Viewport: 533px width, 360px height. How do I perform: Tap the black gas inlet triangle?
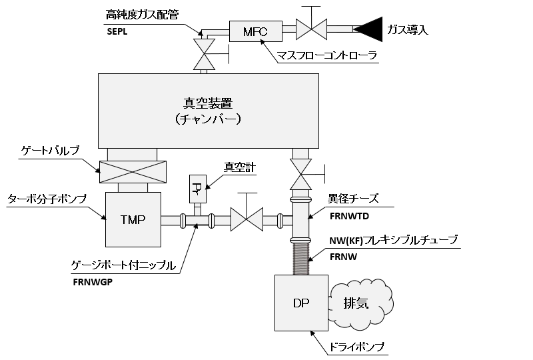pyautogui.click(x=366, y=29)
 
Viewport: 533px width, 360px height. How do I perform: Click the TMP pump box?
pyautogui.click(x=133, y=219)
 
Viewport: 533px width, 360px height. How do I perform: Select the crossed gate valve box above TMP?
pyautogui.click(x=133, y=172)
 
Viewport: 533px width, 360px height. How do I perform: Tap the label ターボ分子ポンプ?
pyautogui.click(x=46, y=199)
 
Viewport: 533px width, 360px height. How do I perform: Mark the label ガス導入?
pyautogui.click(x=408, y=29)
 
